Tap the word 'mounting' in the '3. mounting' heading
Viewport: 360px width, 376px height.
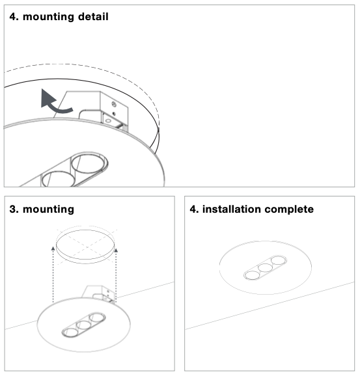coord(48,209)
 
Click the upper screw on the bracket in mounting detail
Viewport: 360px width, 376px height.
coord(114,104)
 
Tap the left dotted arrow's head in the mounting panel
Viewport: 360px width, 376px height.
coord(53,248)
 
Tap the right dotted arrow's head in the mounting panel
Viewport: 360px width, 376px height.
coord(116,250)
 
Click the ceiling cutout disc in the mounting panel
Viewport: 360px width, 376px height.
coord(85,247)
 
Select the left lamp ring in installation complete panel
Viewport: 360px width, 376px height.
coord(252,275)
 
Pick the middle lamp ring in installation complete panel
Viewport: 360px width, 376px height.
coord(265,267)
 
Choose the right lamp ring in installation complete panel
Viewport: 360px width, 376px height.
coord(279,260)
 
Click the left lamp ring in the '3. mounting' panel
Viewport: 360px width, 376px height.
coord(70,332)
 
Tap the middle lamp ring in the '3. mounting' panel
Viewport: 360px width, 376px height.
coord(83,325)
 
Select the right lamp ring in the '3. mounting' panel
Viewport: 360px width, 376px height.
coord(97,317)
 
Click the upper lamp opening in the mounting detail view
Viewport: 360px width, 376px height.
coord(89,163)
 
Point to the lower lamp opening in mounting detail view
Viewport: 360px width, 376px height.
coord(59,179)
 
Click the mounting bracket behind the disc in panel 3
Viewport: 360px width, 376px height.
coord(99,293)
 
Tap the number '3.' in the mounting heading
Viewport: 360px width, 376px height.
coord(14,209)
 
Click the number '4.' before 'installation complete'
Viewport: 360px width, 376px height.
coord(194,209)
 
